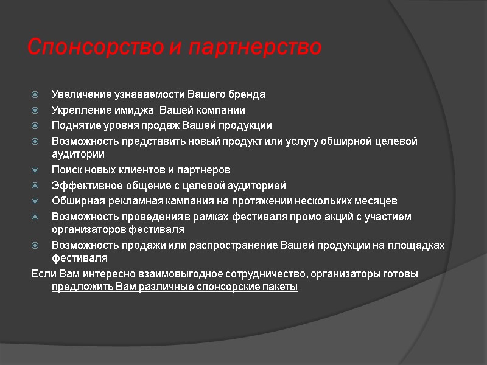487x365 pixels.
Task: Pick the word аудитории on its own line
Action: (x=78, y=155)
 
